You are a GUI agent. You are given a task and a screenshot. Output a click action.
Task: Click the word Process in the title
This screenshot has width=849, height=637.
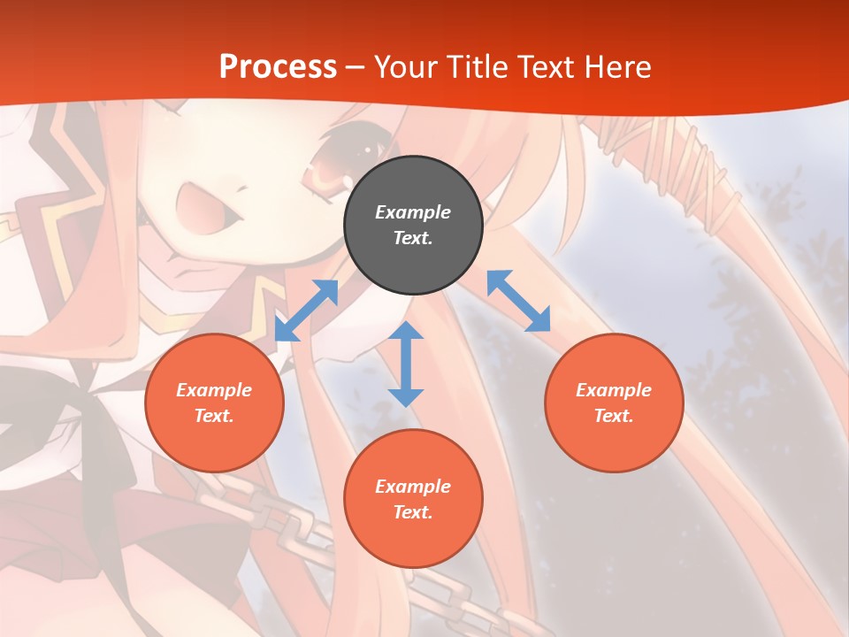click(x=278, y=67)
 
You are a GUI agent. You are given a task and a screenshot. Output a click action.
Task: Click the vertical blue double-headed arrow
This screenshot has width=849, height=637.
click(x=406, y=364)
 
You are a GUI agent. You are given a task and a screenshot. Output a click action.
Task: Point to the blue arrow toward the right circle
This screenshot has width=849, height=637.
click(x=518, y=301)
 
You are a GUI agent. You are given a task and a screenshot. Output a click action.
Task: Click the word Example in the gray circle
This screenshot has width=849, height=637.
click(x=413, y=212)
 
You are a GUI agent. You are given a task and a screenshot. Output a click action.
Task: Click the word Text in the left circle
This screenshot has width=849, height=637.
click(x=213, y=416)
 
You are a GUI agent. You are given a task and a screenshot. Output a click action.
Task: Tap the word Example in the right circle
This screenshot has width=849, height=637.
click(x=614, y=390)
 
